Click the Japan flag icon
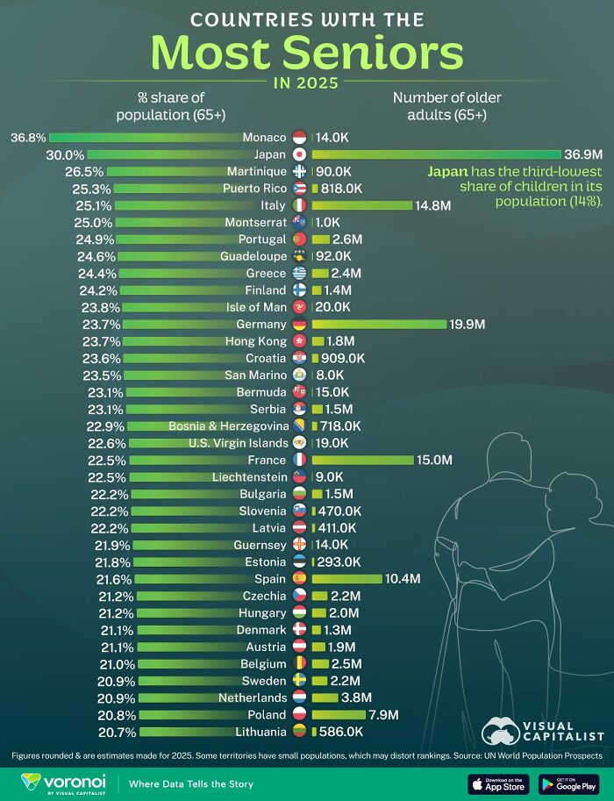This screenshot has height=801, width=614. click(300, 154)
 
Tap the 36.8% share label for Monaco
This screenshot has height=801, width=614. click(27, 138)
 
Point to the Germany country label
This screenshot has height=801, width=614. click(261, 324)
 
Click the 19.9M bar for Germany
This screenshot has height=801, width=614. click(379, 324)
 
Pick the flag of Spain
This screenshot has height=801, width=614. click(300, 578)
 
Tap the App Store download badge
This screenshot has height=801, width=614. click(498, 783)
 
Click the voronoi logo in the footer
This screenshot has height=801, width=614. click(59, 782)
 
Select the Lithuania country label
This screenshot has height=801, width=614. click(261, 731)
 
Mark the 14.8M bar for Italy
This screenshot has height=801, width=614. click(361, 205)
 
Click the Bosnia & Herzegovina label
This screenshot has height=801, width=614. click(228, 426)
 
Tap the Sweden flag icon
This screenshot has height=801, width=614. click(300, 680)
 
